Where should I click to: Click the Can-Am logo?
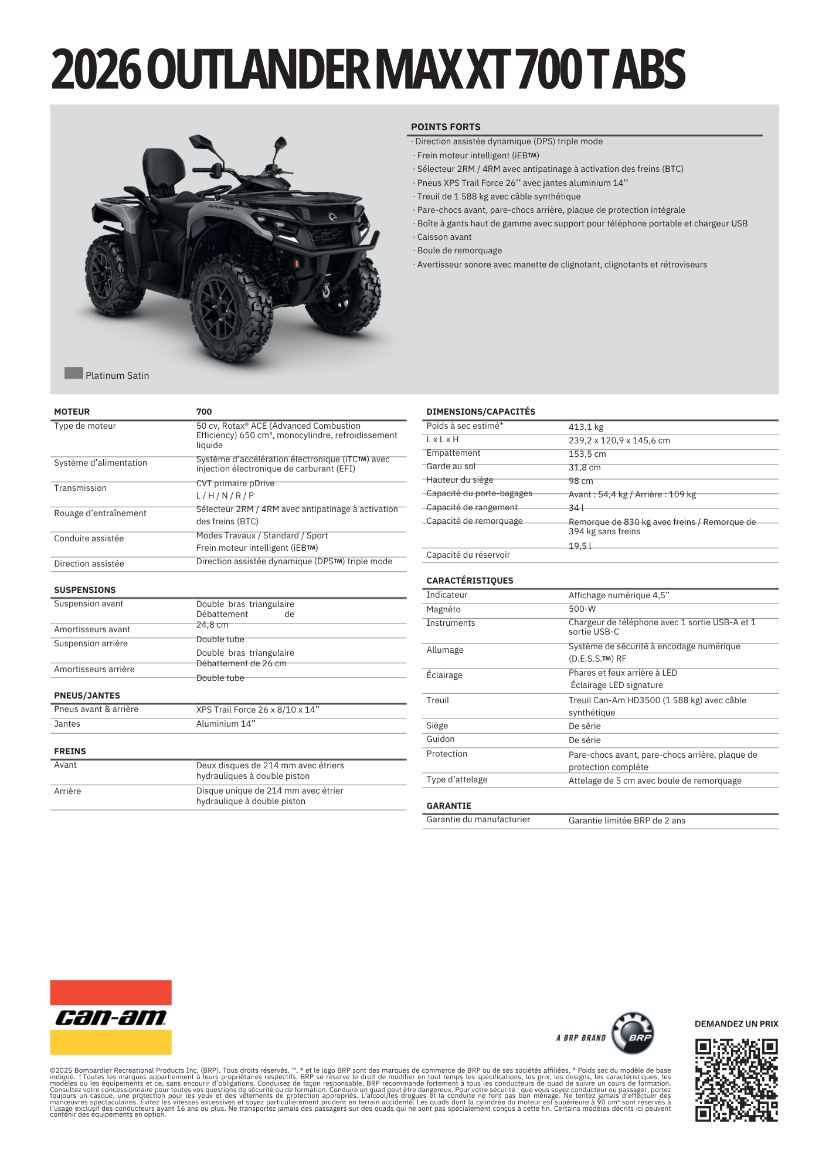(111, 1017)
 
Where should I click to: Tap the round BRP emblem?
(633, 1033)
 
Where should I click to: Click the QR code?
(736, 1080)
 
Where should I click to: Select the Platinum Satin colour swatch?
(74, 373)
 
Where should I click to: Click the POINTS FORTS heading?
(446, 127)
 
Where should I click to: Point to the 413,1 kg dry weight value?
(586, 427)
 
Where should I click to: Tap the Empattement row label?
(453, 453)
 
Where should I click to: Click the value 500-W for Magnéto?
(582, 609)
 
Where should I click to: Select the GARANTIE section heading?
(449, 805)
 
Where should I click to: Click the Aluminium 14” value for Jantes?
(226, 724)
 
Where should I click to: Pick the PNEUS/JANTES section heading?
(87, 695)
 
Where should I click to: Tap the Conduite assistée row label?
(89, 538)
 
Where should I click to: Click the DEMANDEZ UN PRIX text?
(736, 1024)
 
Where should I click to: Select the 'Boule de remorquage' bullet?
(459, 250)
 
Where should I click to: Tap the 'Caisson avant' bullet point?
(444, 237)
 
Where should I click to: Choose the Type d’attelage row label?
(457, 779)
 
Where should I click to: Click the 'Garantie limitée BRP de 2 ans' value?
(627, 821)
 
